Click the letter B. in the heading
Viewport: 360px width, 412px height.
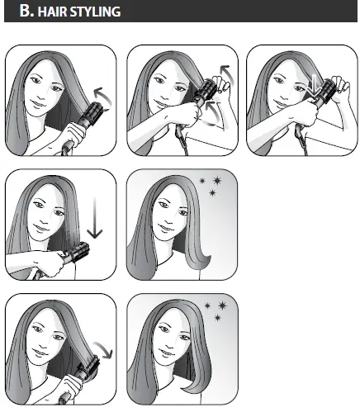[26, 12]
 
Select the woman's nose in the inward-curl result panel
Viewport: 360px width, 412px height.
[168, 220]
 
